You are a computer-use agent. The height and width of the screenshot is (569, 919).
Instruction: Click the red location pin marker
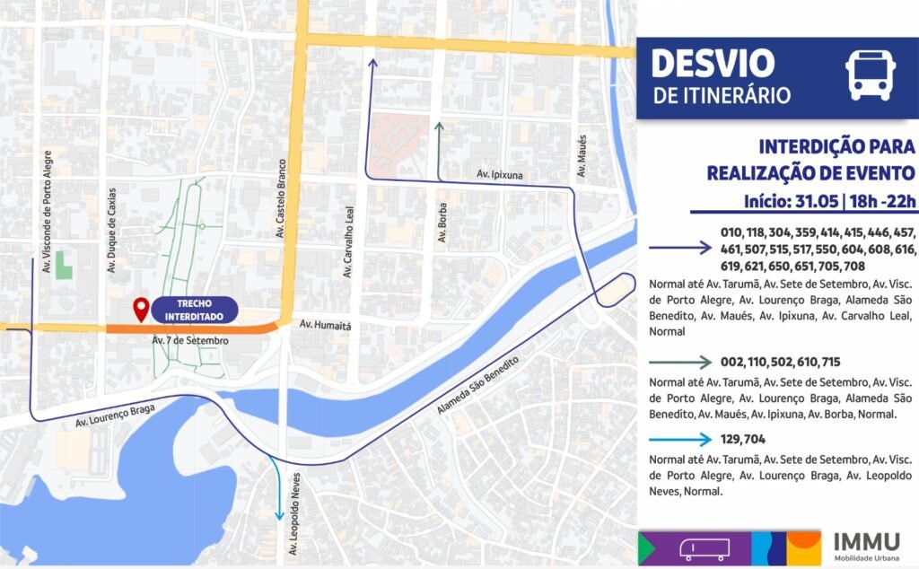click(x=140, y=310)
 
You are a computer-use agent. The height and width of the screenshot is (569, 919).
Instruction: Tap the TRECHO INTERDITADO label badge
click(x=194, y=310)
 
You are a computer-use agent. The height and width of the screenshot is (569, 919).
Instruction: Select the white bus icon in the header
click(x=869, y=75)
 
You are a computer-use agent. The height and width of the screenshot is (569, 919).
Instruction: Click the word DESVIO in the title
click(x=713, y=64)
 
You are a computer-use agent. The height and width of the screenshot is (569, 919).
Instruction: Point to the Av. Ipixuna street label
click(x=499, y=174)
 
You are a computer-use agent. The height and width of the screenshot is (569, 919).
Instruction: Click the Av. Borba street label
click(x=441, y=222)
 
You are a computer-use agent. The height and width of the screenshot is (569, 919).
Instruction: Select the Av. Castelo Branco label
click(x=280, y=199)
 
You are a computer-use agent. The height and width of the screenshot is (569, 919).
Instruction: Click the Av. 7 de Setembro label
click(x=190, y=341)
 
